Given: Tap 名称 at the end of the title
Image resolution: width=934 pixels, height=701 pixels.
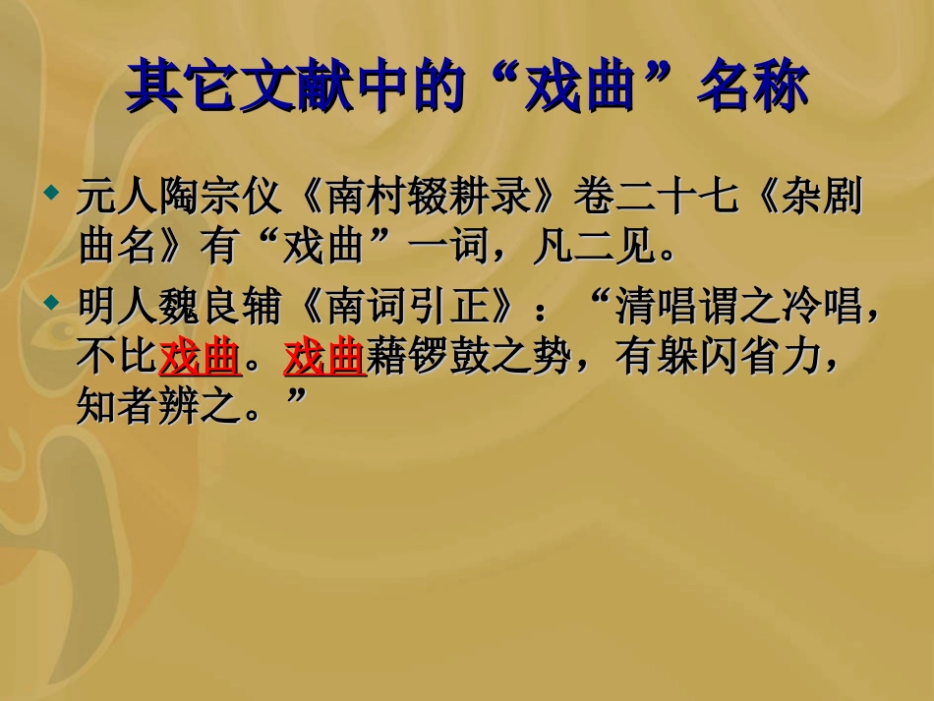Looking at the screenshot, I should [x=752, y=87].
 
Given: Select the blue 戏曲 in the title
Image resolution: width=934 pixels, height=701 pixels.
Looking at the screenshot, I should [x=575, y=87].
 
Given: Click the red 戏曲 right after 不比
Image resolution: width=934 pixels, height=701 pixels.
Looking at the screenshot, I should [x=200, y=360].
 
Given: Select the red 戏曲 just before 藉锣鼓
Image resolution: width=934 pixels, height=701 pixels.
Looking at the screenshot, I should [x=324, y=360].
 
